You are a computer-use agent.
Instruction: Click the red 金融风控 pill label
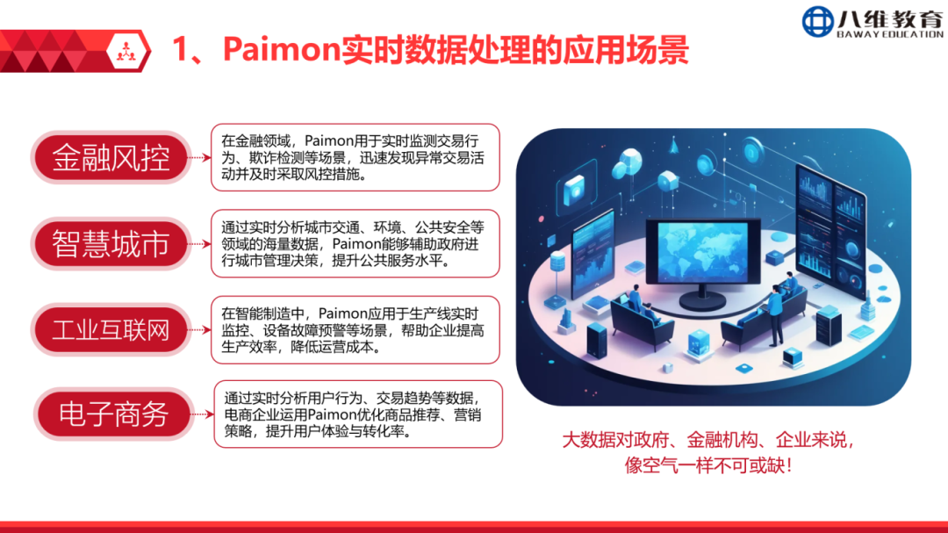[x=111, y=157]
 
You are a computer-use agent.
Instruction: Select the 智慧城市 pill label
[x=111, y=244]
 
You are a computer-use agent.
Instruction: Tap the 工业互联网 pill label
[x=111, y=329]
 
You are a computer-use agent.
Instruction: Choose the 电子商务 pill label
[x=113, y=414]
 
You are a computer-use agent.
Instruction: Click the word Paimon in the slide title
[x=282, y=49]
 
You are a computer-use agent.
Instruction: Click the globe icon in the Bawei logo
[x=817, y=22]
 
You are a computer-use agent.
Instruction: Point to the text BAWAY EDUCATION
[x=890, y=34]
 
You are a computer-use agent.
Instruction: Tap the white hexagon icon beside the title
[x=126, y=51]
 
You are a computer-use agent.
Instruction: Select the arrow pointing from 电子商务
[x=204, y=414]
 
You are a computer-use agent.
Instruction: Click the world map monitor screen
[x=702, y=250]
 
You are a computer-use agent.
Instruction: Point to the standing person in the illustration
[x=775, y=314]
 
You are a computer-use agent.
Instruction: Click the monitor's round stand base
[x=702, y=300]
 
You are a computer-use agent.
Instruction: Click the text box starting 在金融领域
[x=355, y=157]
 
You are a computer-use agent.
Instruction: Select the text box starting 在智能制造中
[x=355, y=329]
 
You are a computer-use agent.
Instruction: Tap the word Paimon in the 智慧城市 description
[x=361, y=244]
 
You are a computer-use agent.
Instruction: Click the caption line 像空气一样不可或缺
[x=708, y=465]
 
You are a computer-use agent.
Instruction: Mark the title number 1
[x=180, y=49]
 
